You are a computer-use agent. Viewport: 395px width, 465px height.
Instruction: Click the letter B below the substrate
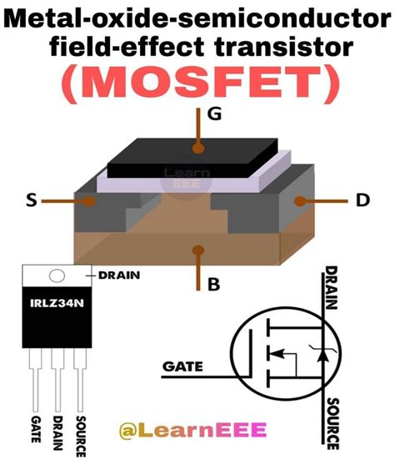pyautogui.click(x=213, y=284)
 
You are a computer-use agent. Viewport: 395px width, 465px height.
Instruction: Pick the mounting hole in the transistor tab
pyautogui.click(x=57, y=276)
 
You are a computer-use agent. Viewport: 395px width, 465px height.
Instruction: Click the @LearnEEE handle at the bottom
pyautogui.click(x=192, y=431)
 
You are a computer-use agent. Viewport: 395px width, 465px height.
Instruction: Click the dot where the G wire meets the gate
pyautogui.click(x=197, y=148)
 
